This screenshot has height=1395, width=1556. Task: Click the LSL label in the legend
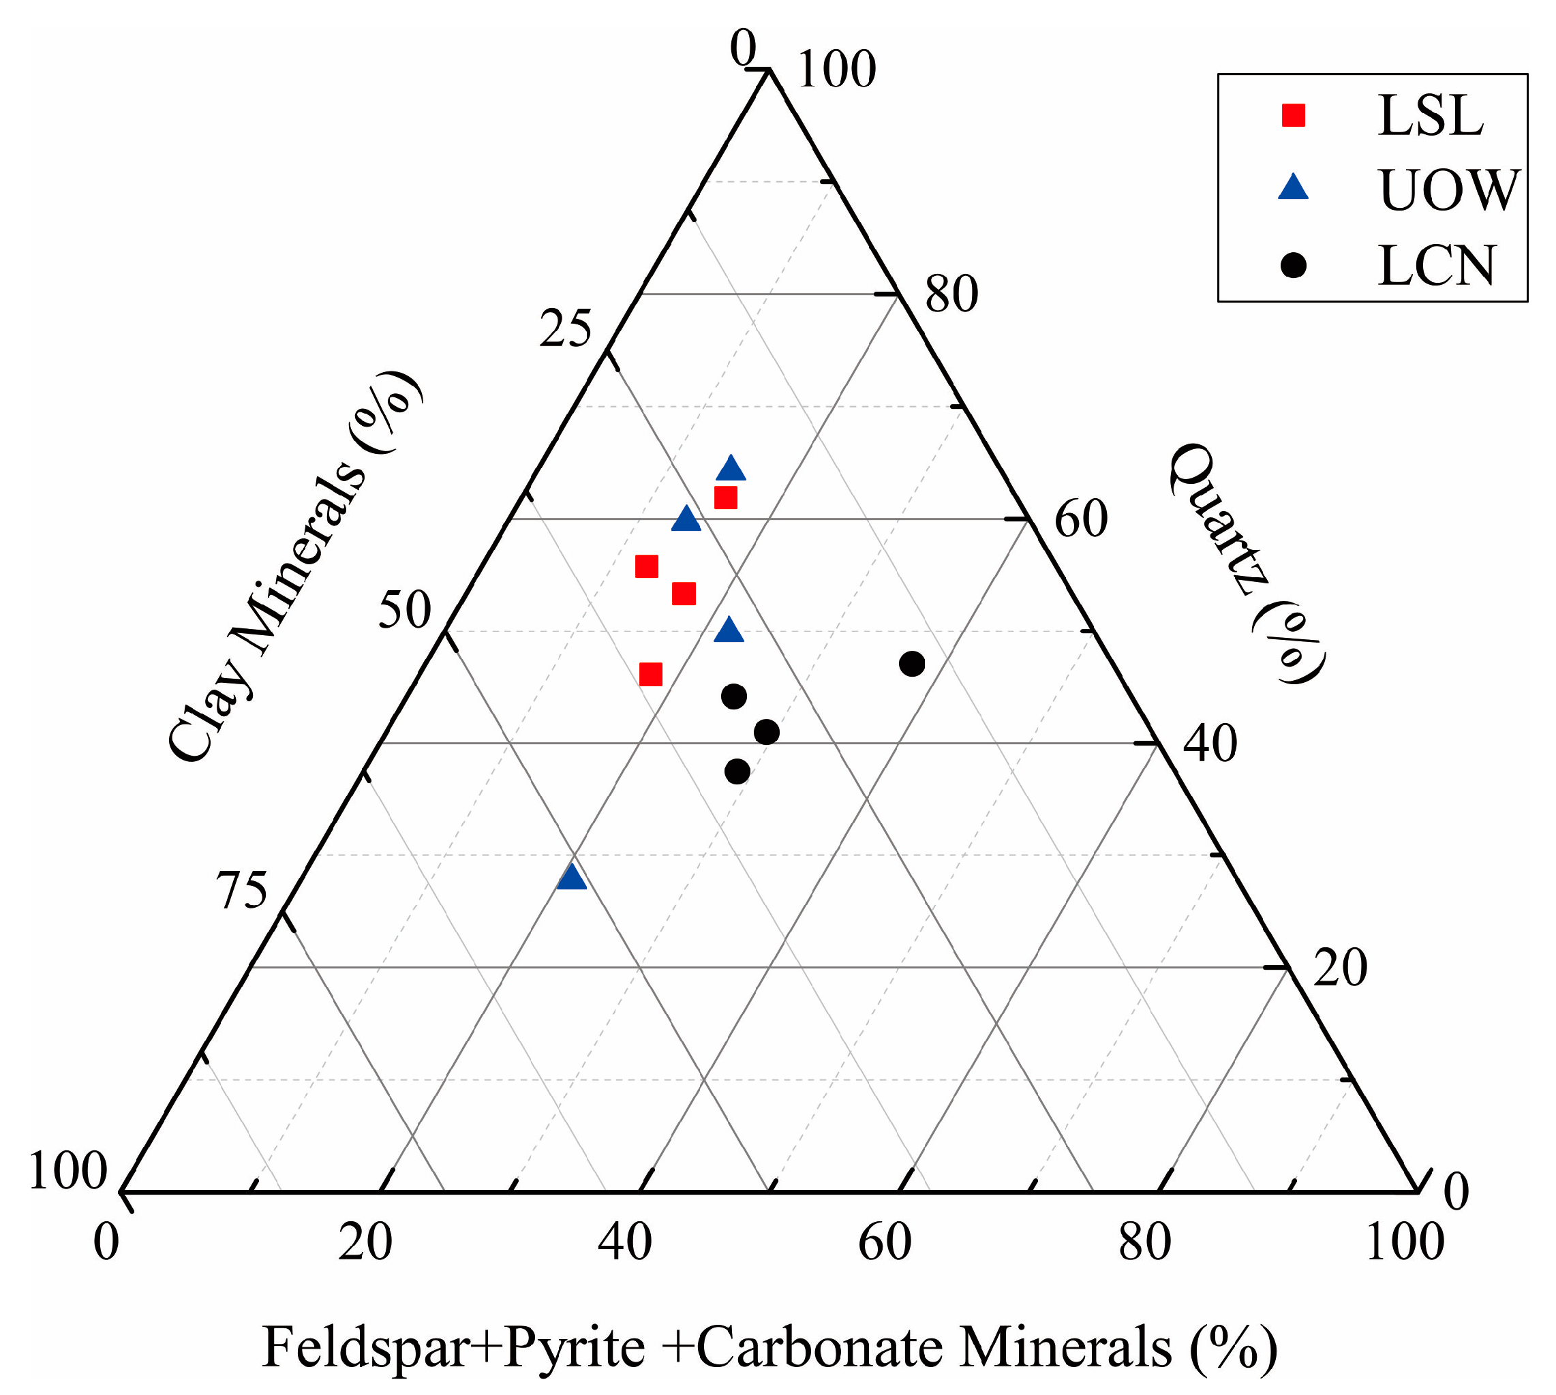1431,116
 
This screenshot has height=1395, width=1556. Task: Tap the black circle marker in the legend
1294,265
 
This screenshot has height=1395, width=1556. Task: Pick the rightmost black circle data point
912,664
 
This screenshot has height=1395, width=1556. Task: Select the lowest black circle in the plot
737,771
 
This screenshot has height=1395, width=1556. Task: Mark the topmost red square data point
726,498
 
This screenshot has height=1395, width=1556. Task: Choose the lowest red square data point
651,675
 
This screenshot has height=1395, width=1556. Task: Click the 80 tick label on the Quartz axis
951,294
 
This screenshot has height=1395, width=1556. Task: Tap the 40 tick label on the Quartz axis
1210,744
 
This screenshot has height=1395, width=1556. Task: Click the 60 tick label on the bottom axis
885,1241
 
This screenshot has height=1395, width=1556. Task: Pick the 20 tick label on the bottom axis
365,1241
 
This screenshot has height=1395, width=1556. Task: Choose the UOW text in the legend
1448,190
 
